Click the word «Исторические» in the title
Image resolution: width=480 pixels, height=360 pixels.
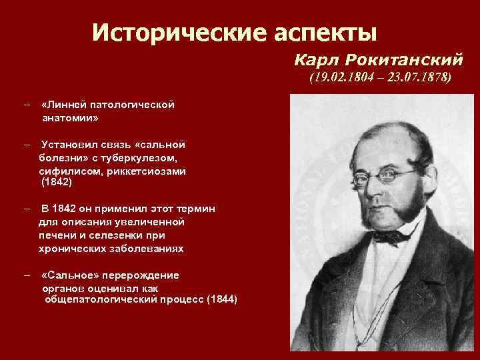(x=162, y=31)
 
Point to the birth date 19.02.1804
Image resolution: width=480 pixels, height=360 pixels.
(x=338, y=78)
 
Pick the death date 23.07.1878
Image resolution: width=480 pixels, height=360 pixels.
(x=418, y=78)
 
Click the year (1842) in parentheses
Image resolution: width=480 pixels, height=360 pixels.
(x=55, y=181)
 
